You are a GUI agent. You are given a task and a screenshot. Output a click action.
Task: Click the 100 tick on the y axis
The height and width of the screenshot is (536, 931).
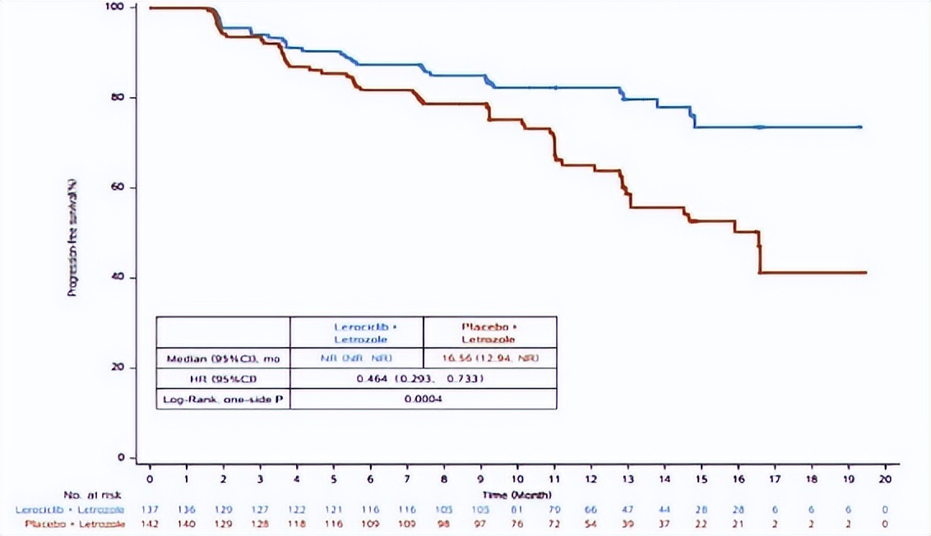tap(117, 7)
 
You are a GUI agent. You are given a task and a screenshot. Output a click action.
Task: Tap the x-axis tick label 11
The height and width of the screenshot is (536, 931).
tap(554, 478)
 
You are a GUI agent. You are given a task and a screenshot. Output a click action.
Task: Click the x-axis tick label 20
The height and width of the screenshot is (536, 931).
tap(885, 478)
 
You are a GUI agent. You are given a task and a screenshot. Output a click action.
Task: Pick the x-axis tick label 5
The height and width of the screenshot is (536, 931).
tap(334, 478)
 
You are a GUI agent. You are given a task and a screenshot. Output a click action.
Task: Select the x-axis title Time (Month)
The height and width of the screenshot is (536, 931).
tap(517, 495)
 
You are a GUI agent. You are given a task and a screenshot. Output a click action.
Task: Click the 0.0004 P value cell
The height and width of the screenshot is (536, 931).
tap(423, 399)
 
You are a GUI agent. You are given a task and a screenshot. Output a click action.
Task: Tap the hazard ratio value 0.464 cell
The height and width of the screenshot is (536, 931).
tap(423, 379)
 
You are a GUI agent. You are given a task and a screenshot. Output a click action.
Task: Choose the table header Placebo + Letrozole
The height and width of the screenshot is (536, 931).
tap(489, 332)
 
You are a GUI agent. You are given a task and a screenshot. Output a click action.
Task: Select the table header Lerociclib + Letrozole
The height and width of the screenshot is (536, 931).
tap(356, 332)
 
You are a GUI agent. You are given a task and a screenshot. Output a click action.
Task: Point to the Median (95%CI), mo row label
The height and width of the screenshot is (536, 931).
tap(223, 358)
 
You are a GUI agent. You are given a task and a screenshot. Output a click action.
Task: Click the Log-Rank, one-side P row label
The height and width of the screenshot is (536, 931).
tap(223, 399)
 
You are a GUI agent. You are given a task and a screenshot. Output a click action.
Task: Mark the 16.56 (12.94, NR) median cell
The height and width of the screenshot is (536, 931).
tap(489, 358)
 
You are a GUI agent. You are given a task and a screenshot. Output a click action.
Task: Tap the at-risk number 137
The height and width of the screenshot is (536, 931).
tap(151, 511)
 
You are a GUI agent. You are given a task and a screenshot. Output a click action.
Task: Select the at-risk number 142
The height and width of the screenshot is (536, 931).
tap(151, 524)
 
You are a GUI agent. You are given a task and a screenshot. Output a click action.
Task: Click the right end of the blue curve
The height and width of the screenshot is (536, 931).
tap(860, 127)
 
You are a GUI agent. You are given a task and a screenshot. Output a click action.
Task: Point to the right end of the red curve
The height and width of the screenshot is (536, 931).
tap(866, 272)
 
